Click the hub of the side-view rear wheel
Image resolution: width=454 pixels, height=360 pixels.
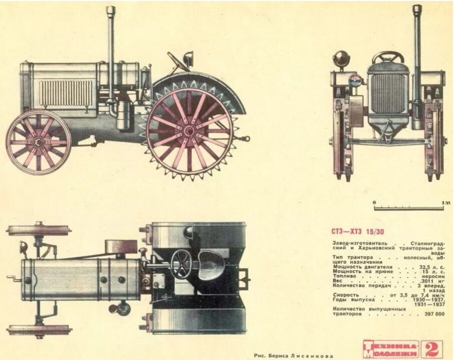click(189, 131)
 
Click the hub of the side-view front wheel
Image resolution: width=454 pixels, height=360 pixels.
click(38, 142)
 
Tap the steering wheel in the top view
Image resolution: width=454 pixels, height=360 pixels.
click(181, 262)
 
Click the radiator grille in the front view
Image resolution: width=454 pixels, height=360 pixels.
click(388, 93)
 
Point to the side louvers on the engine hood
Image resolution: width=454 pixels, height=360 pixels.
click(66, 92)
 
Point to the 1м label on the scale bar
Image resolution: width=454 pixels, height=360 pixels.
click(443, 202)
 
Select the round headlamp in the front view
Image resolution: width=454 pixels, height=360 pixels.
click(342, 58)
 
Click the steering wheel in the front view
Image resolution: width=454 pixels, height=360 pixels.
click(388, 57)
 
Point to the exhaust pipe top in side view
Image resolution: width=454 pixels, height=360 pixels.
click(111, 10)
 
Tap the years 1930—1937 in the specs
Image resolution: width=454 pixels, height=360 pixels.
click(430, 299)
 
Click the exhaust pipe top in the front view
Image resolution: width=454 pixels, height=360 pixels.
click(417, 9)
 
